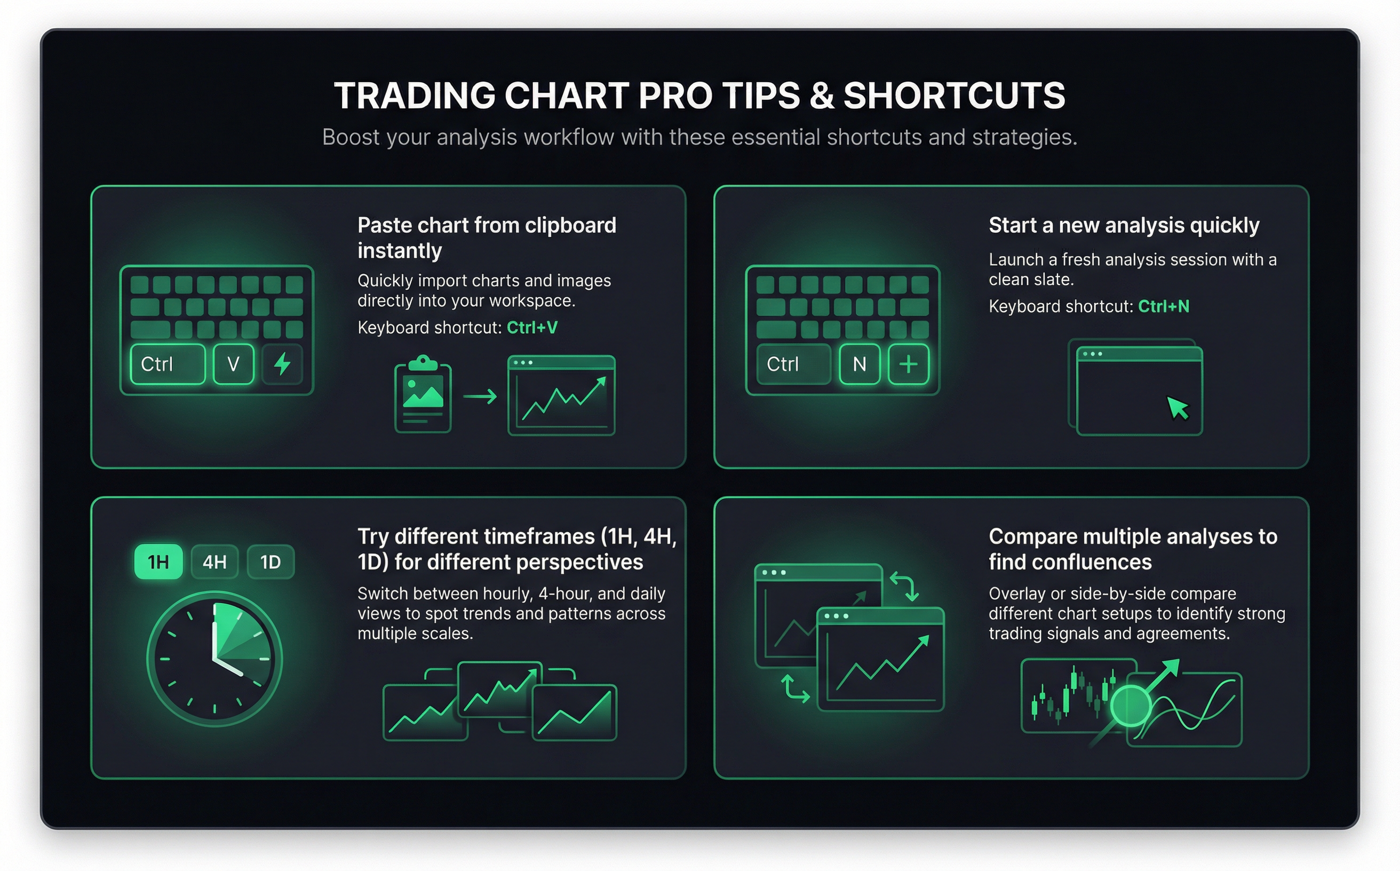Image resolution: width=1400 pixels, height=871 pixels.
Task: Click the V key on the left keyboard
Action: coord(233,364)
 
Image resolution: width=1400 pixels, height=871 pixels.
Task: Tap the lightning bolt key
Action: coord(282,364)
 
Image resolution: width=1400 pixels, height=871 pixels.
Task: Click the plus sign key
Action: coord(908,364)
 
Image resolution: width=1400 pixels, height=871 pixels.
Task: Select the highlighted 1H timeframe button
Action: coord(158,561)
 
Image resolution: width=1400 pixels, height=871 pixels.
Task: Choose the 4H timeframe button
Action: coord(214,561)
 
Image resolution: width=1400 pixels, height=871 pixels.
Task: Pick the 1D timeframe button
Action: coord(270,561)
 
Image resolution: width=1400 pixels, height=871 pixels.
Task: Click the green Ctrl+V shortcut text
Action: coord(532,328)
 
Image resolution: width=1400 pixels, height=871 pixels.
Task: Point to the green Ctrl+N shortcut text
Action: coord(1163,306)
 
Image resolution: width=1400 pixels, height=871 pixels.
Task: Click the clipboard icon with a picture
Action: coord(423,394)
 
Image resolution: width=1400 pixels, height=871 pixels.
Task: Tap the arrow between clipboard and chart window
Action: coord(480,397)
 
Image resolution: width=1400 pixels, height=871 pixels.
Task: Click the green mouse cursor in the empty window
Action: coord(1178,408)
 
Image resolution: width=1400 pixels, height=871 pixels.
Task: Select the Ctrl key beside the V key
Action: coord(168,364)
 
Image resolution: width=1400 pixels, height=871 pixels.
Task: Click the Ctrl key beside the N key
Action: coord(793,364)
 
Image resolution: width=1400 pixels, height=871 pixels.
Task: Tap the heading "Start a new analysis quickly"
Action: coord(1124,225)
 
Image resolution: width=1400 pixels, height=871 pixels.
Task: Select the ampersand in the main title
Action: coord(821,96)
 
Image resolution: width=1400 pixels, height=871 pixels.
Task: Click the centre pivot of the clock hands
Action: coord(215,658)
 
